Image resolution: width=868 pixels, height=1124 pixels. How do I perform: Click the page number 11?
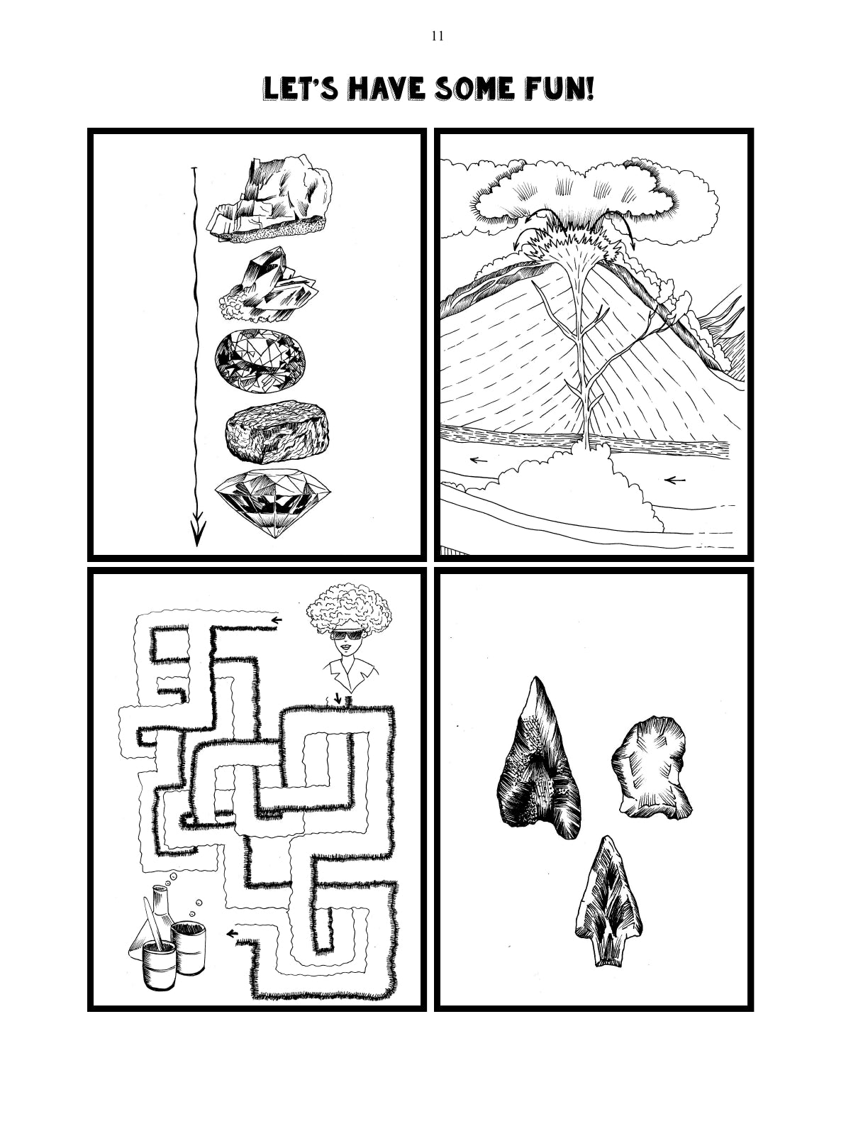437,36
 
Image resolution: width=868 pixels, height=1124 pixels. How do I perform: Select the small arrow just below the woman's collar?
338,699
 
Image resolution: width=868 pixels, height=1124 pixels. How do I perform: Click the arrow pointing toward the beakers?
232,933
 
